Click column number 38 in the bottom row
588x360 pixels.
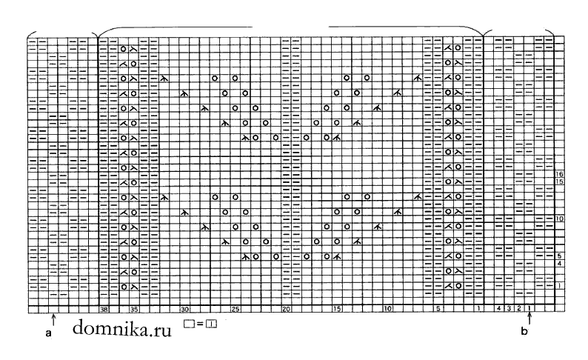tap(104, 310)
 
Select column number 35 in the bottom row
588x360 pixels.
tap(134, 310)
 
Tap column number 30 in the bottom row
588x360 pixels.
tap(184, 310)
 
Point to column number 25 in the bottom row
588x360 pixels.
tap(235, 310)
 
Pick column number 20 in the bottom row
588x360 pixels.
tap(286, 310)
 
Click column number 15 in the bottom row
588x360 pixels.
tap(337, 309)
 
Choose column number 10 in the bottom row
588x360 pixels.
tap(388, 309)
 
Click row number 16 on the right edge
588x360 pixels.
tap(560, 174)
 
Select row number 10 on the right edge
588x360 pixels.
tap(560, 219)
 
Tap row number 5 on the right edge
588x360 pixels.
tap(560, 256)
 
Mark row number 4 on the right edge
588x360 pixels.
tap(560, 264)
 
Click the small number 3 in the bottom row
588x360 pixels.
tap(509, 309)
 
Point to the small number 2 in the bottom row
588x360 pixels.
tap(519, 309)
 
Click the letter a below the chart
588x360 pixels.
tap(48, 333)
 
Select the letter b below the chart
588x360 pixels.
tap(524, 331)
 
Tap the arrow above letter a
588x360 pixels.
tap(53, 320)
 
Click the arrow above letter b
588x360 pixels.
tap(529, 319)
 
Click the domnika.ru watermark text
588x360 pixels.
tap(122, 328)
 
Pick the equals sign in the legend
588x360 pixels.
tap(200, 323)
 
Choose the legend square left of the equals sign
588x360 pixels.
tap(190, 323)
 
